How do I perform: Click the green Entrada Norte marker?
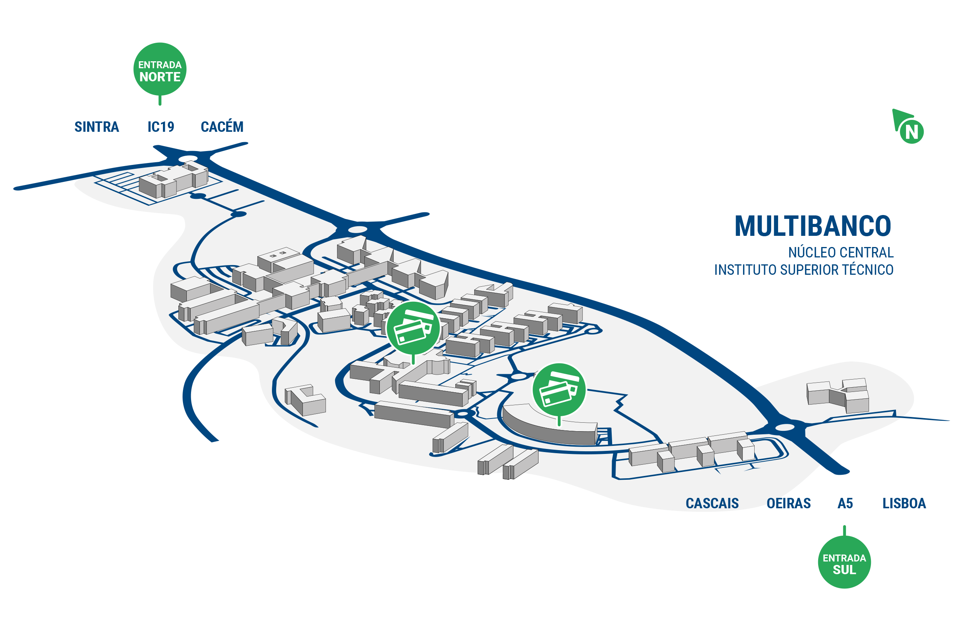[x=159, y=69]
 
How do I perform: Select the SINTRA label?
[x=97, y=127]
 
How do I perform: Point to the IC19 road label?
[x=161, y=127]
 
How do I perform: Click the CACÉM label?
[x=222, y=126]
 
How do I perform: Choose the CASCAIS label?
[x=712, y=503]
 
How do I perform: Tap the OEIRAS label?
[x=789, y=503]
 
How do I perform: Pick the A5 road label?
[x=845, y=503]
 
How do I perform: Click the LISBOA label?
[x=904, y=503]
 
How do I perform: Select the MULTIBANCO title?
[x=813, y=226]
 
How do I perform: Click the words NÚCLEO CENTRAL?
[x=841, y=252]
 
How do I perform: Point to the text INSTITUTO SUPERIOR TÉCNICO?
[x=804, y=270]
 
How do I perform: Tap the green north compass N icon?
[x=909, y=127]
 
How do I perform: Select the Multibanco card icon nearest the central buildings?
[x=413, y=328]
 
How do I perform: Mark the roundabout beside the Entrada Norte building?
[x=188, y=158]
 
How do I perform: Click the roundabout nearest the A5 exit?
[x=785, y=427]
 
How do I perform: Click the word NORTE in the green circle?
[x=160, y=77]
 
